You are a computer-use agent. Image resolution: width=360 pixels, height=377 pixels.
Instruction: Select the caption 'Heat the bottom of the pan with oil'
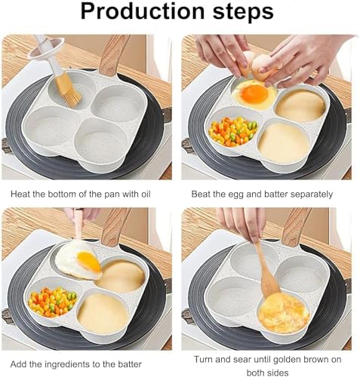(81, 194)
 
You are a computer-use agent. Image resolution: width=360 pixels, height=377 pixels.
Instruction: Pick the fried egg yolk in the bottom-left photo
(88, 262)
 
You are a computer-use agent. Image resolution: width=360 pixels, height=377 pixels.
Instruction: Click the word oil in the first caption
(143, 194)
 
